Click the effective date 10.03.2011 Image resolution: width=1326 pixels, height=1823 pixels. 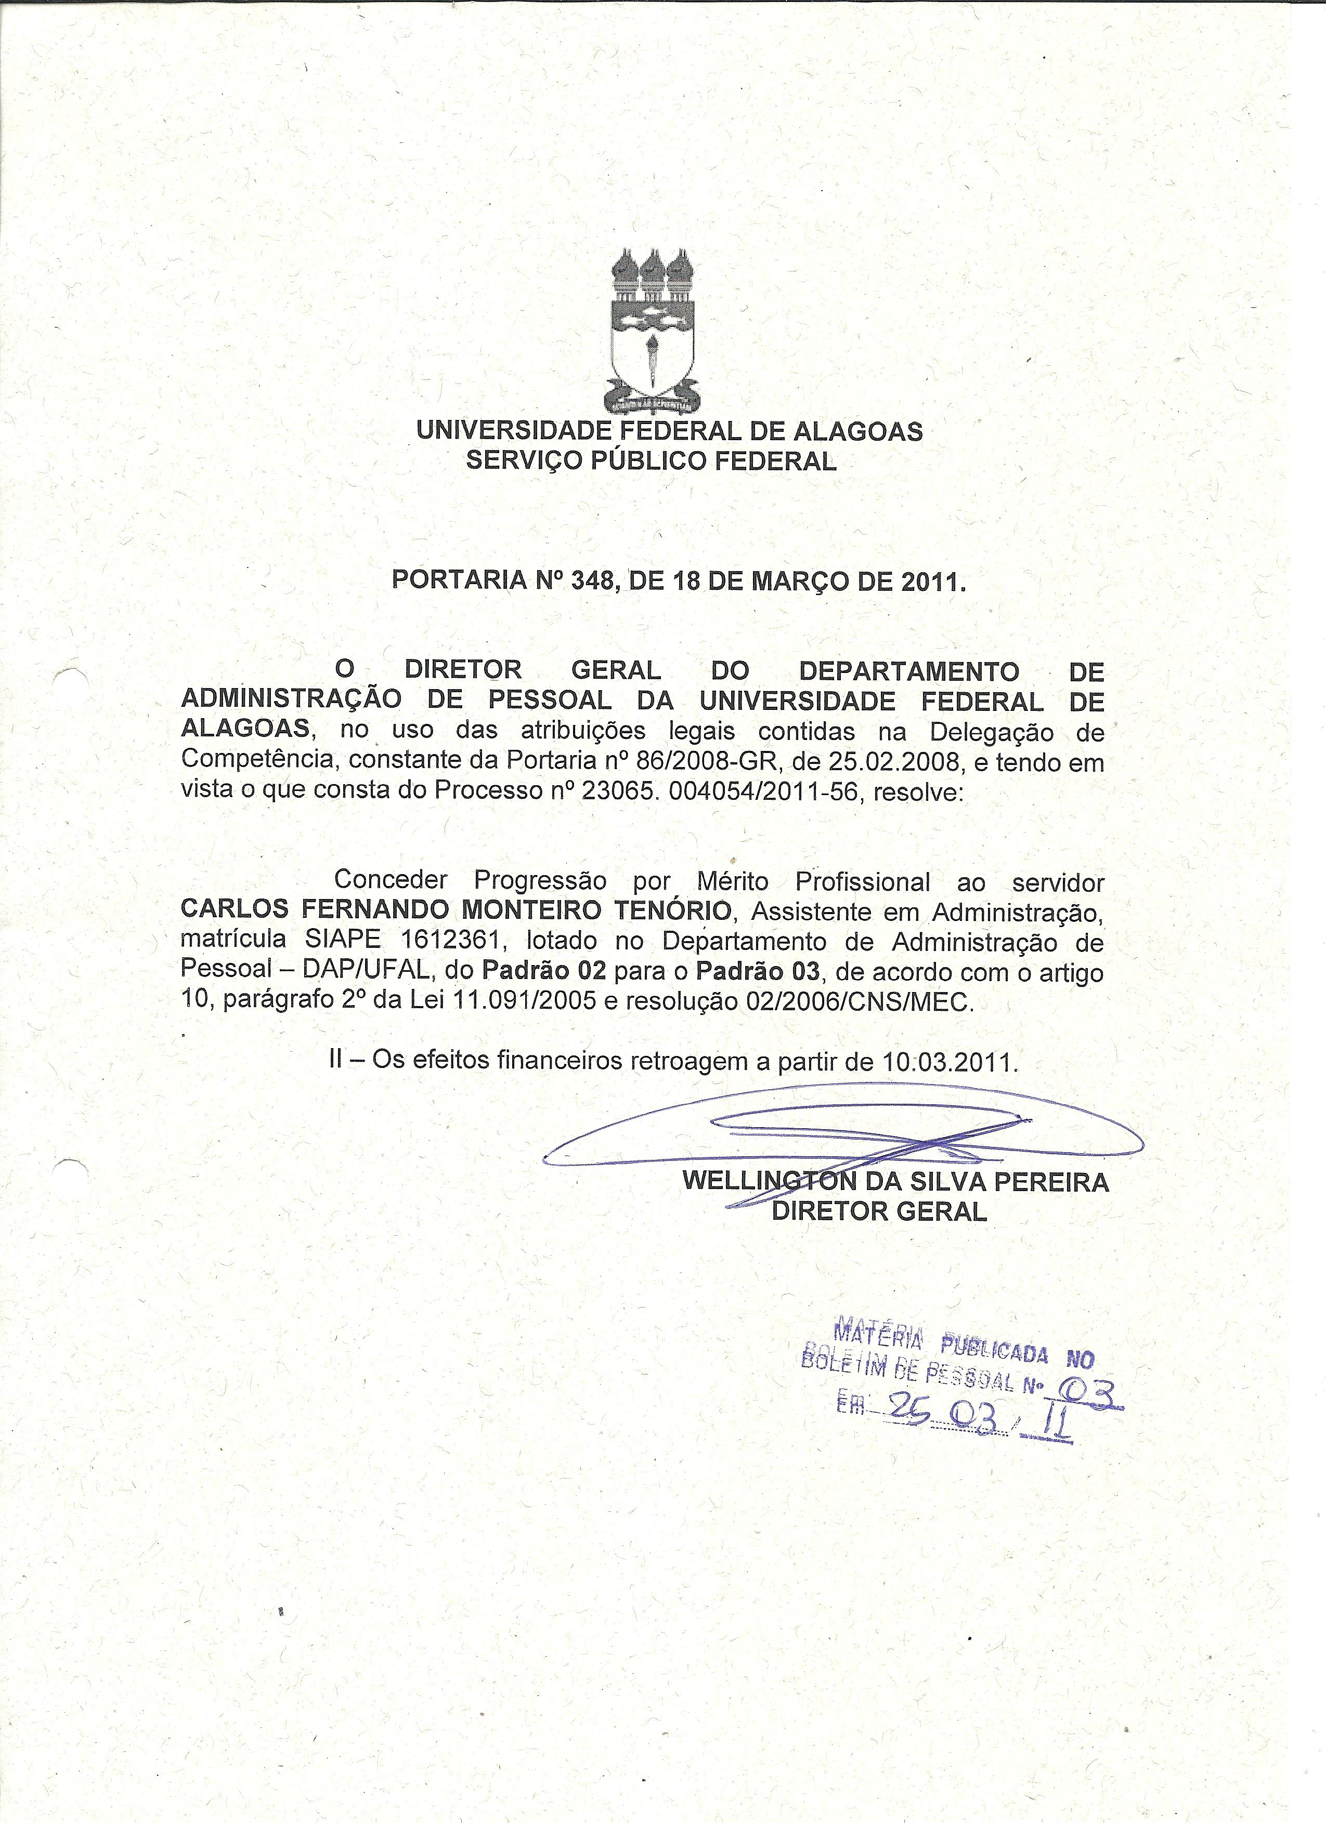point(949,1061)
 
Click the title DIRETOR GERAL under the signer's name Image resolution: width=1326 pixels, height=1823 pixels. point(879,1211)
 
